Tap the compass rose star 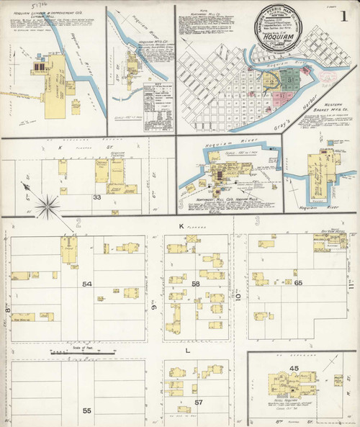coord(48,207)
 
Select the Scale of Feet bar coord(68,352)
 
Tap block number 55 coord(87,410)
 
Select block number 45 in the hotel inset coord(293,369)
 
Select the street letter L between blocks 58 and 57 coord(189,350)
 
